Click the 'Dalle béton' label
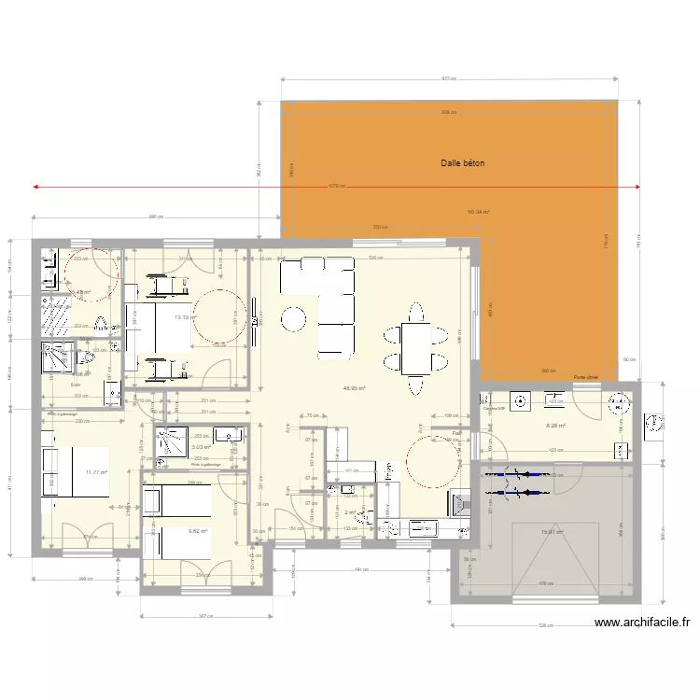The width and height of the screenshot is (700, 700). click(463, 163)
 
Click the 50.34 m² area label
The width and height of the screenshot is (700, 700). click(478, 212)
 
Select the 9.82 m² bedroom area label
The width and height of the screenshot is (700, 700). click(197, 531)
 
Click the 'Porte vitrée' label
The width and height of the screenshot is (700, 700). click(586, 377)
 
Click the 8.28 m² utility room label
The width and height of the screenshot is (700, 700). click(555, 427)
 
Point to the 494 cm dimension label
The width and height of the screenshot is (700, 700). click(357, 568)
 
